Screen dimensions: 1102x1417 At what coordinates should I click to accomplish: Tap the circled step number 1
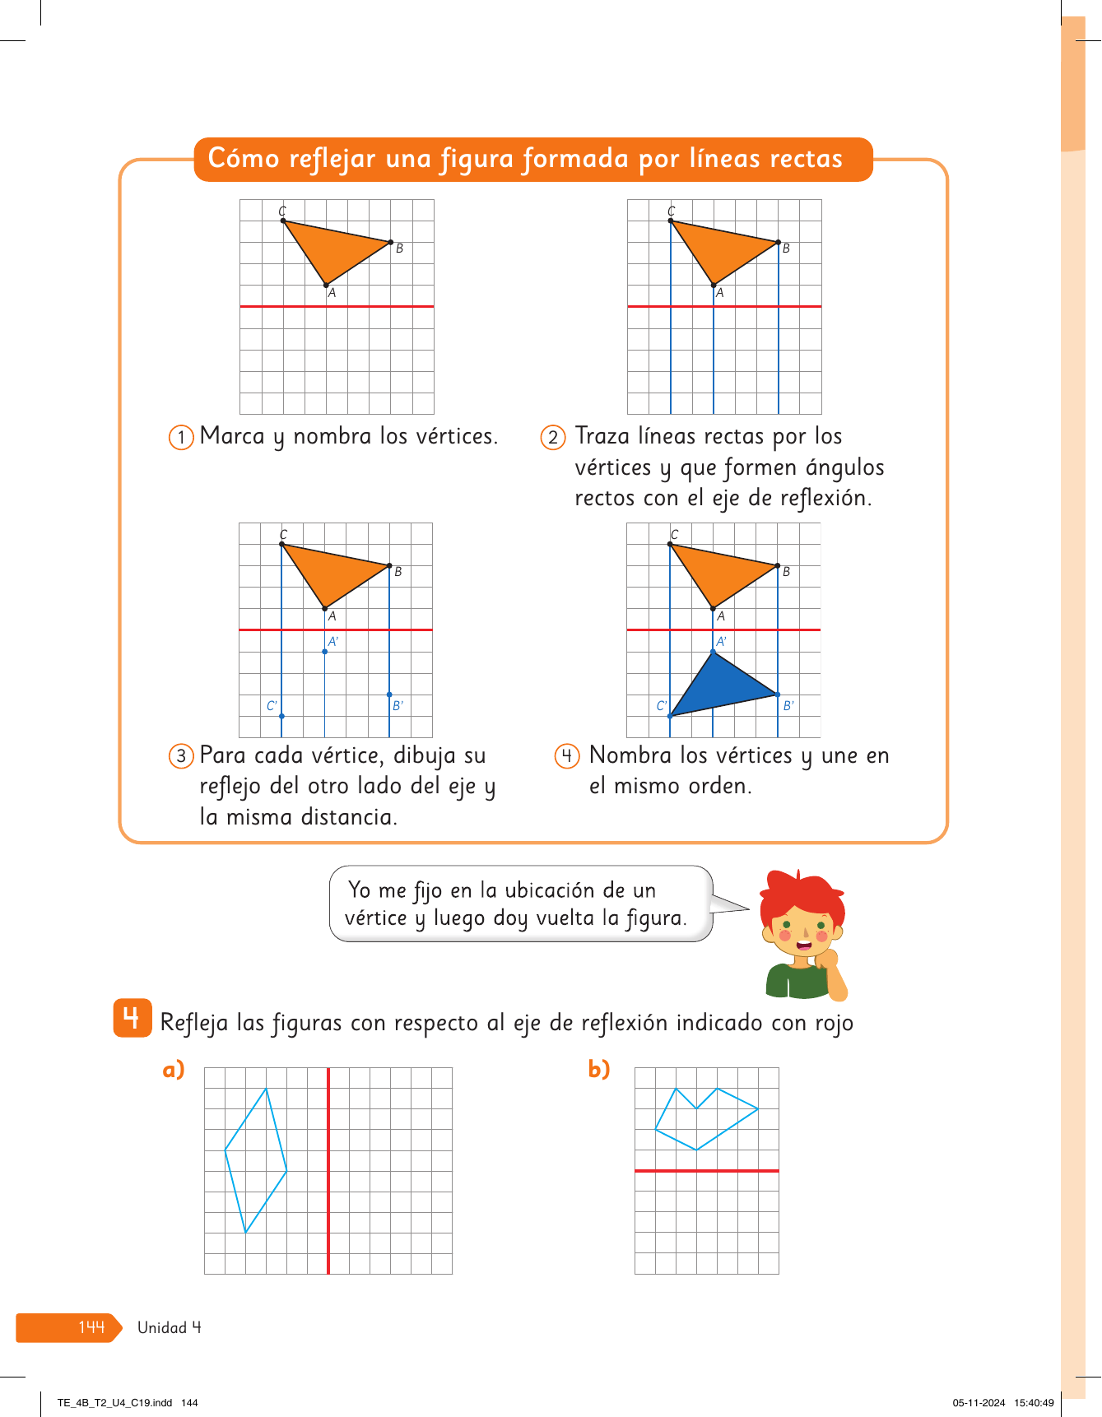tap(181, 437)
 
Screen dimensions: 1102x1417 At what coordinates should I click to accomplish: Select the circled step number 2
tap(553, 437)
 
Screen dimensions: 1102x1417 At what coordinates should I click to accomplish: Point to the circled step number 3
tap(181, 755)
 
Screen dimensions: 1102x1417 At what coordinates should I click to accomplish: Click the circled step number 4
tap(567, 755)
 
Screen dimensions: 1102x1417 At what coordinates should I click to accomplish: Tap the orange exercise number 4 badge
tap(132, 1018)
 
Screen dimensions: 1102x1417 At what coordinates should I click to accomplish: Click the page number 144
tap(91, 1327)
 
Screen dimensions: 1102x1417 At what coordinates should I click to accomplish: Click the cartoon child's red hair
tap(802, 892)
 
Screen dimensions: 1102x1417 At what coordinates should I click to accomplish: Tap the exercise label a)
tap(174, 1069)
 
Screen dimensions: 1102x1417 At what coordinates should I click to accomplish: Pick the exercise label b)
tap(599, 1069)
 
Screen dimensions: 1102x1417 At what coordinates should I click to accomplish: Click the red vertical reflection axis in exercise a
tap(328, 1171)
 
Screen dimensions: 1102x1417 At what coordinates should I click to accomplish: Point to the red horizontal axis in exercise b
tap(707, 1170)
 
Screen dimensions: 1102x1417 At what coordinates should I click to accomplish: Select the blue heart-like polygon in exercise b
tap(706, 1119)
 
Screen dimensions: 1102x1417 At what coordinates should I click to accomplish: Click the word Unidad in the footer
tap(162, 1327)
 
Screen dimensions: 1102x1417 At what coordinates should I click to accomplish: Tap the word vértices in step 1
tap(457, 436)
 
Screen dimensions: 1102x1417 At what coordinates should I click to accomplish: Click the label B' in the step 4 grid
tap(788, 706)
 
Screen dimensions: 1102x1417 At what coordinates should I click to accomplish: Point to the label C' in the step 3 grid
tap(272, 706)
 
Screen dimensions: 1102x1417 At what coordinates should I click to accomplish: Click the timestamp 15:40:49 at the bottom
tap(1034, 1403)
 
